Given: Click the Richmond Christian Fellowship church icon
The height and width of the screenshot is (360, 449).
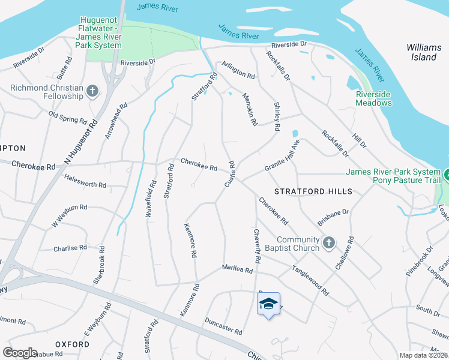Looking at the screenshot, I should [92, 91].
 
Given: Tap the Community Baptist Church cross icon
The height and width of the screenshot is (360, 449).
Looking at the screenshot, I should [328, 243].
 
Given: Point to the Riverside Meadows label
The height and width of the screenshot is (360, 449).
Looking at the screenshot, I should [373, 98].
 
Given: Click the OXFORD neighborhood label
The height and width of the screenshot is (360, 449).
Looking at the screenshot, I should [72, 344].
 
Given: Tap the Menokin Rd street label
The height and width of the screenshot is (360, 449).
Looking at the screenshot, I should [250, 109].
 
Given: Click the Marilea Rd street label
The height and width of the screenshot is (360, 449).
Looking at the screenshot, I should [237, 269].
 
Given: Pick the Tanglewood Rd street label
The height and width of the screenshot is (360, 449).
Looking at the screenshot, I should [310, 281].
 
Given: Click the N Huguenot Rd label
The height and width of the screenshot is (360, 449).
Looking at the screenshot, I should [81, 143].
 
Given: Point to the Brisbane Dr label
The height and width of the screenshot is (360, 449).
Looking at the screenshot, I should [333, 217].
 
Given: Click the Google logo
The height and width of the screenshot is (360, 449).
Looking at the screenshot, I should [20, 353].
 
